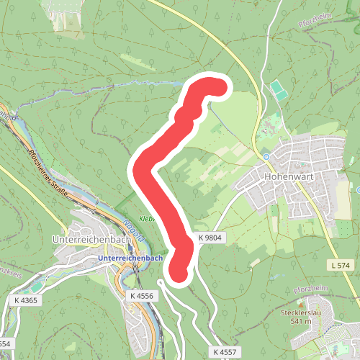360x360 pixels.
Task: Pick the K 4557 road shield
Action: tap(225, 351)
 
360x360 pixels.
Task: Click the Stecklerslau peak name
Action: tap(302, 313)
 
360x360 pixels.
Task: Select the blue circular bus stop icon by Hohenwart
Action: tap(266, 156)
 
